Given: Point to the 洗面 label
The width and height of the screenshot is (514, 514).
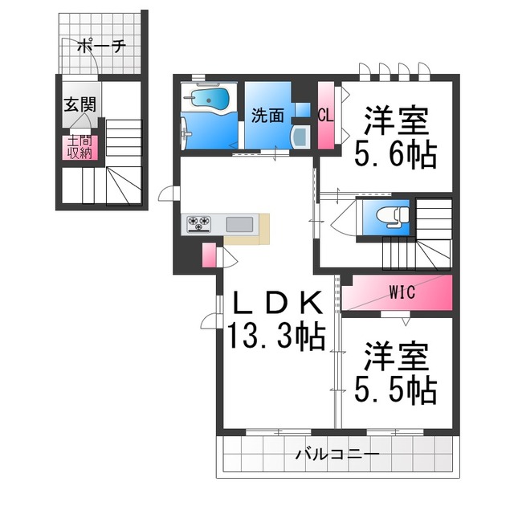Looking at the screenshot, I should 267,116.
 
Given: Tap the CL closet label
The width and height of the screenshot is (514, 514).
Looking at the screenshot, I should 325,115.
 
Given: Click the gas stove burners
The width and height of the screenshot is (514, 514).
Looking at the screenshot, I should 198,223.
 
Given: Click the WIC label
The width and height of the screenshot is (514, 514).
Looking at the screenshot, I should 402,292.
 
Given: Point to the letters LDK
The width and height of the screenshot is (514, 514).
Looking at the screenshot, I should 277,302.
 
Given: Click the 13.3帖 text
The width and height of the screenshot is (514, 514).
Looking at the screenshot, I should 275,334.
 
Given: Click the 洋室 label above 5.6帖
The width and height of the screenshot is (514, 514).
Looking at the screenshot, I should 397,120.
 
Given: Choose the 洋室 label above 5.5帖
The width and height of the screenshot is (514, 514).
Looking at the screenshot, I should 397,356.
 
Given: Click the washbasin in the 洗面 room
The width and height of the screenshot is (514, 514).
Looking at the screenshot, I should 300,134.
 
